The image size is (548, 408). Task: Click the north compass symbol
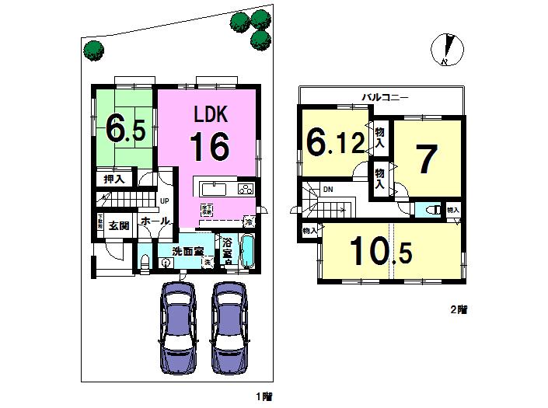point(445,50)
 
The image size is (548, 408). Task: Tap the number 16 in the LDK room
point(208,145)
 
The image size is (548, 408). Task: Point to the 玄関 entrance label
point(118,226)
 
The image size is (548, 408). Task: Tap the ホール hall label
point(155,221)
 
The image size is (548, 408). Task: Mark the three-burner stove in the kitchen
point(246,190)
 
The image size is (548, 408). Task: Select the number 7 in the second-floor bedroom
point(426,160)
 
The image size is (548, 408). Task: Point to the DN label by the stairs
point(328,188)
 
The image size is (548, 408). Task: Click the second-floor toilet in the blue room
point(431,210)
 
